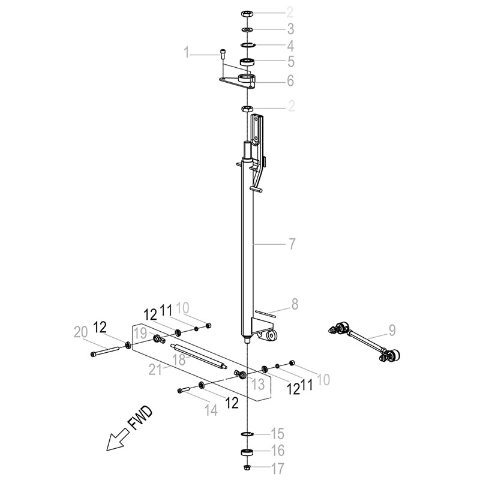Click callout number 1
(187, 52)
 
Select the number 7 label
(292, 244)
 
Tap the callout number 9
(392, 331)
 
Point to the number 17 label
(278, 469)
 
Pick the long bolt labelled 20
(104, 350)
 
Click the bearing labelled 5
(247, 62)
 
